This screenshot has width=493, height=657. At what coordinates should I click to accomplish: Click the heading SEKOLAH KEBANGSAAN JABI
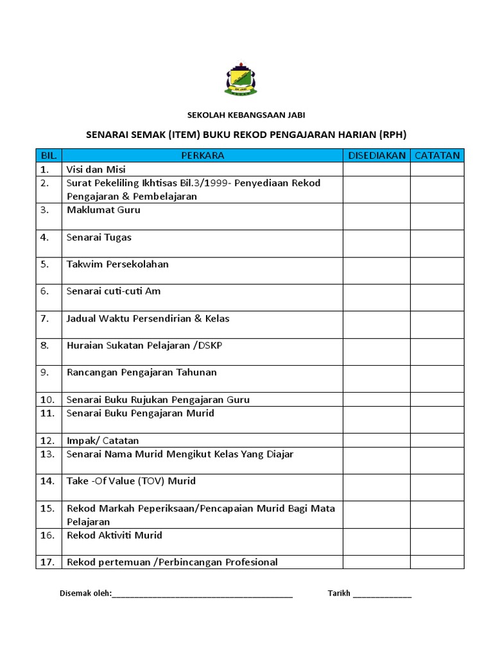(x=246, y=115)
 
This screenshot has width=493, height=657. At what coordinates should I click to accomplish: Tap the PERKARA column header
(x=202, y=155)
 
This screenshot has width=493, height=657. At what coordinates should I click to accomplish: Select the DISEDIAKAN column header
(x=377, y=155)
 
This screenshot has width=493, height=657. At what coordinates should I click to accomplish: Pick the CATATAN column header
(x=437, y=155)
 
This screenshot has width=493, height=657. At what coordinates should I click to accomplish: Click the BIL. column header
(x=49, y=155)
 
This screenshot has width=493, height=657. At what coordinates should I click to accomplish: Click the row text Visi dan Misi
(x=96, y=169)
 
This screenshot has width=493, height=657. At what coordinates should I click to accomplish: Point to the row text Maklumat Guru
(x=103, y=210)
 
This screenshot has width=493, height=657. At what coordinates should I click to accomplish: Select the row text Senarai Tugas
(x=99, y=237)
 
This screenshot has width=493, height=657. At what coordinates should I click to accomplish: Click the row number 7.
(x=44, y=319)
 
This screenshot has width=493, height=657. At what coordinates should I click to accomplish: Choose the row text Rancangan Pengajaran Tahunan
(x=142, y=373)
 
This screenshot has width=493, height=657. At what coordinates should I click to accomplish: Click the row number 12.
(x=47, y=441)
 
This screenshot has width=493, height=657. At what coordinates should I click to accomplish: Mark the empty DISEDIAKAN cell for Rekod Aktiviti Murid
(x=377, y=542)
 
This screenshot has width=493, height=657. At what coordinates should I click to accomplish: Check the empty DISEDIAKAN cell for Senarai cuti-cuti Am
(x=377, y=298)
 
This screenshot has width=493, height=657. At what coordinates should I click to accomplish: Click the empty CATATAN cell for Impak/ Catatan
(x=437, y=440)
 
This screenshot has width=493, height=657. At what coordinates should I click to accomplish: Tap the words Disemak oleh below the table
(x=85, y=593)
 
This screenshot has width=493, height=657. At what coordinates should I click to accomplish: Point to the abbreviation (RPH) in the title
(x=393, y=135)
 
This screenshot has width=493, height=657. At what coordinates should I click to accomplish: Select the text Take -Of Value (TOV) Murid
(x=131, y=481)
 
